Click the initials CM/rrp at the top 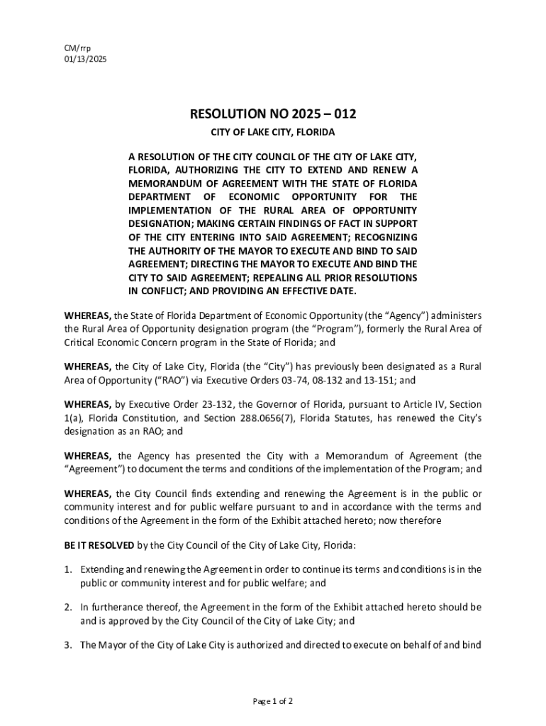coord(78,48)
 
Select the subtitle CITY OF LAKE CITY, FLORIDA coord(272,133)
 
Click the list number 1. coord(67,569)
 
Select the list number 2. coord(67,607)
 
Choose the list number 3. coord(67,644)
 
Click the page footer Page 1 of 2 coord(273,701)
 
